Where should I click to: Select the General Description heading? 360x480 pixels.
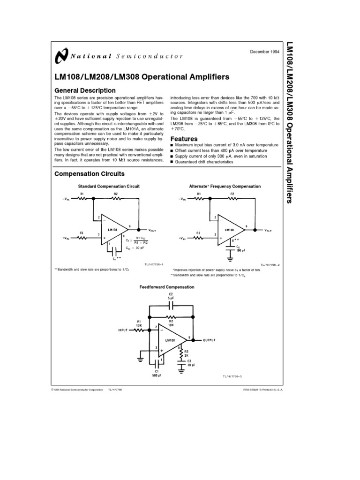coord(85,90)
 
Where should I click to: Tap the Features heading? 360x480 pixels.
coord(184,139)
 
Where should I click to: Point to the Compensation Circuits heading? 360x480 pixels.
coord(90,173)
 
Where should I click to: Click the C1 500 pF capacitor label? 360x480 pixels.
coord(157,373)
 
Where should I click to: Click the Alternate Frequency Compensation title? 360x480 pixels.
coord(225,186)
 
